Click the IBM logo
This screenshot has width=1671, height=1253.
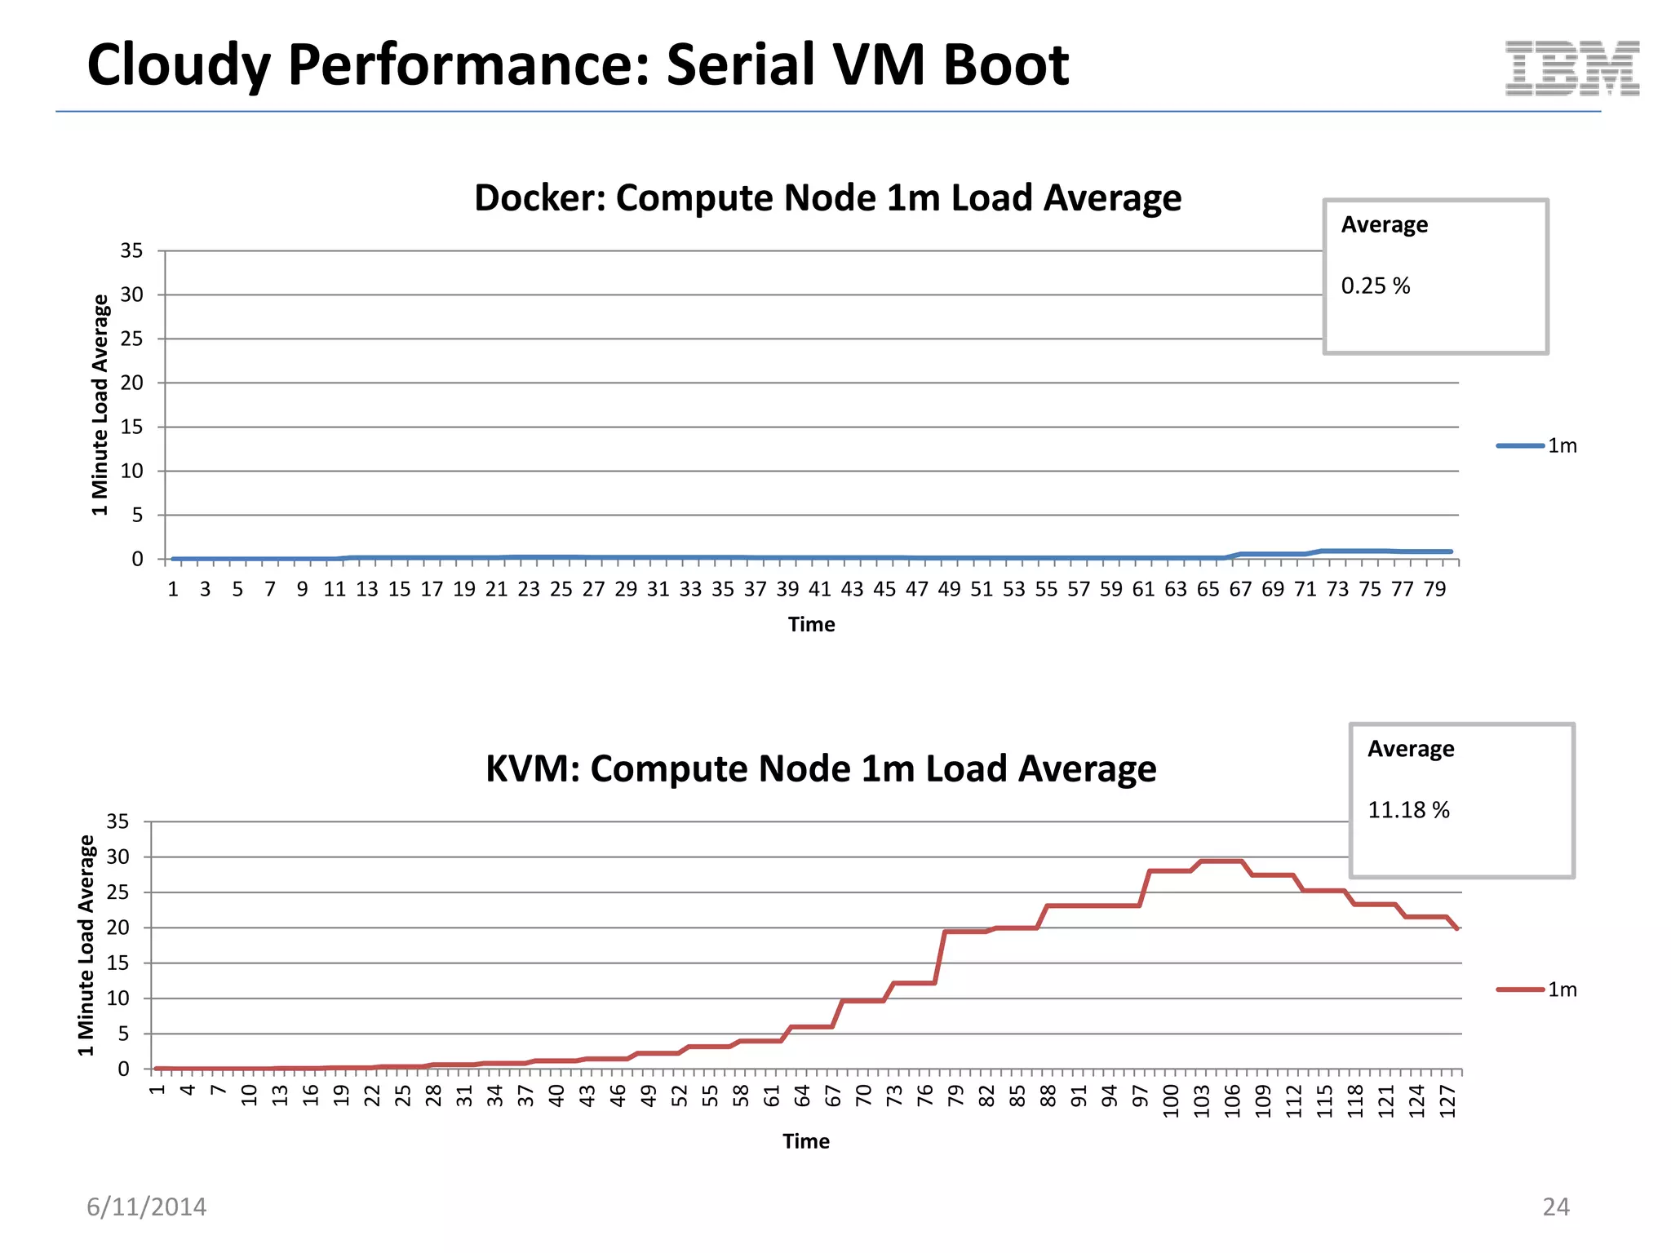[x=1571, y=69]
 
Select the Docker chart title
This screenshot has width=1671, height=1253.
[x=827, y=198]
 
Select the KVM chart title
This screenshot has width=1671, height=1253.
[x=820, y=768]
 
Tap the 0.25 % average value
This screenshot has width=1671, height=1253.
[x=1376, y=286]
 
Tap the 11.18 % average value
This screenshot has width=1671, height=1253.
[x=1408, y=810]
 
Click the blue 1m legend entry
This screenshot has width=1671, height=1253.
[x=1537, y=445]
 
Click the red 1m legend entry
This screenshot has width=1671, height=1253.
[x=1537, y=990]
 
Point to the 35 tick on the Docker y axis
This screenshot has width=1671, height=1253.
[x=131, y=250]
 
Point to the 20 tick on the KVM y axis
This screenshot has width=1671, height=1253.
[x=118, y=928]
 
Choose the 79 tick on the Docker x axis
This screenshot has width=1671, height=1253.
[x=1434, y=589]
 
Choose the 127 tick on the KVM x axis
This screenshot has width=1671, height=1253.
[x=1447, y=1101]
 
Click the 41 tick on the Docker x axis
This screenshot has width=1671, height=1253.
[x=819, y=589]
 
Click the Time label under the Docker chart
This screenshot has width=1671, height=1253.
[x=811, y=625]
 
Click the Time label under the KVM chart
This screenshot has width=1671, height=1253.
[x=806, y=1141]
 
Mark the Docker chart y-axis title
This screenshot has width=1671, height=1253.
[x=100, y=405]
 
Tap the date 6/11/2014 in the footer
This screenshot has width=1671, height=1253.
[x=147, y=1207]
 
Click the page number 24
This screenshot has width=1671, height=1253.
[x=1555, y=1207]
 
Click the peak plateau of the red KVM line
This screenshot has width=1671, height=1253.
[x=1221, y=861]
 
